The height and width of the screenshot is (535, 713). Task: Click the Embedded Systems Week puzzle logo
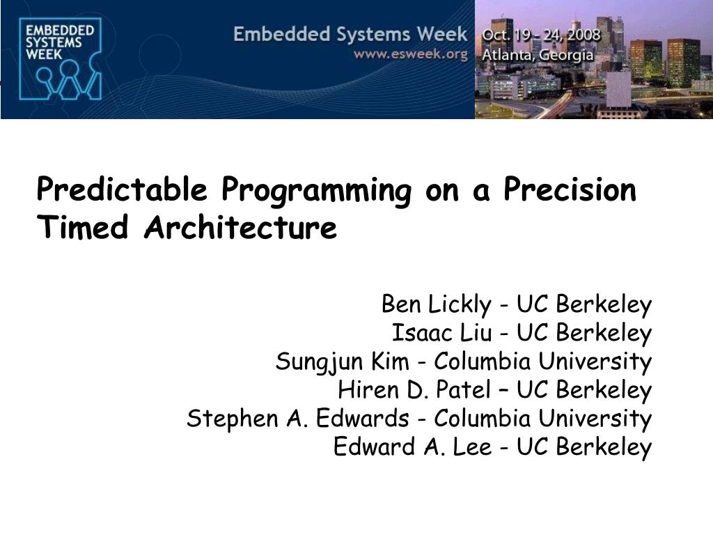[x=61, y=59]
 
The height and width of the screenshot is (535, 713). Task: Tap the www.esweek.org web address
[x=411, y=54]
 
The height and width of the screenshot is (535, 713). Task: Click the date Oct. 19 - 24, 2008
[x=541, y=35]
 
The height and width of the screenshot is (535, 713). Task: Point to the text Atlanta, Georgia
[x=538, y=55]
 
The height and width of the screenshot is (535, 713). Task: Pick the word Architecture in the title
[x=240, y=226]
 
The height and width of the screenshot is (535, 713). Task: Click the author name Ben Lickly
[x=437, y=305]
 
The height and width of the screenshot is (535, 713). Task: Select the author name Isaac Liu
[x=442, y=332]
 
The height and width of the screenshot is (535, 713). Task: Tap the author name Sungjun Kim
[x=343, y=362]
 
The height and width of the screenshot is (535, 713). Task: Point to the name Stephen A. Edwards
[x=298, y=418]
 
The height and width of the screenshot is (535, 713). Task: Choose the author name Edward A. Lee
[x=412, y=447]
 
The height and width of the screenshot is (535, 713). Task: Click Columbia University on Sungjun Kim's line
[x=543, y=362]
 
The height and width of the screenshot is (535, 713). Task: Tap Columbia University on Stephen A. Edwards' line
[x=543, y=419]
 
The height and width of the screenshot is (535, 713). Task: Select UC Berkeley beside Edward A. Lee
[x=584, y=447]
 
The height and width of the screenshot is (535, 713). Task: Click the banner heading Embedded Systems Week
[x=350, y=35]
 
